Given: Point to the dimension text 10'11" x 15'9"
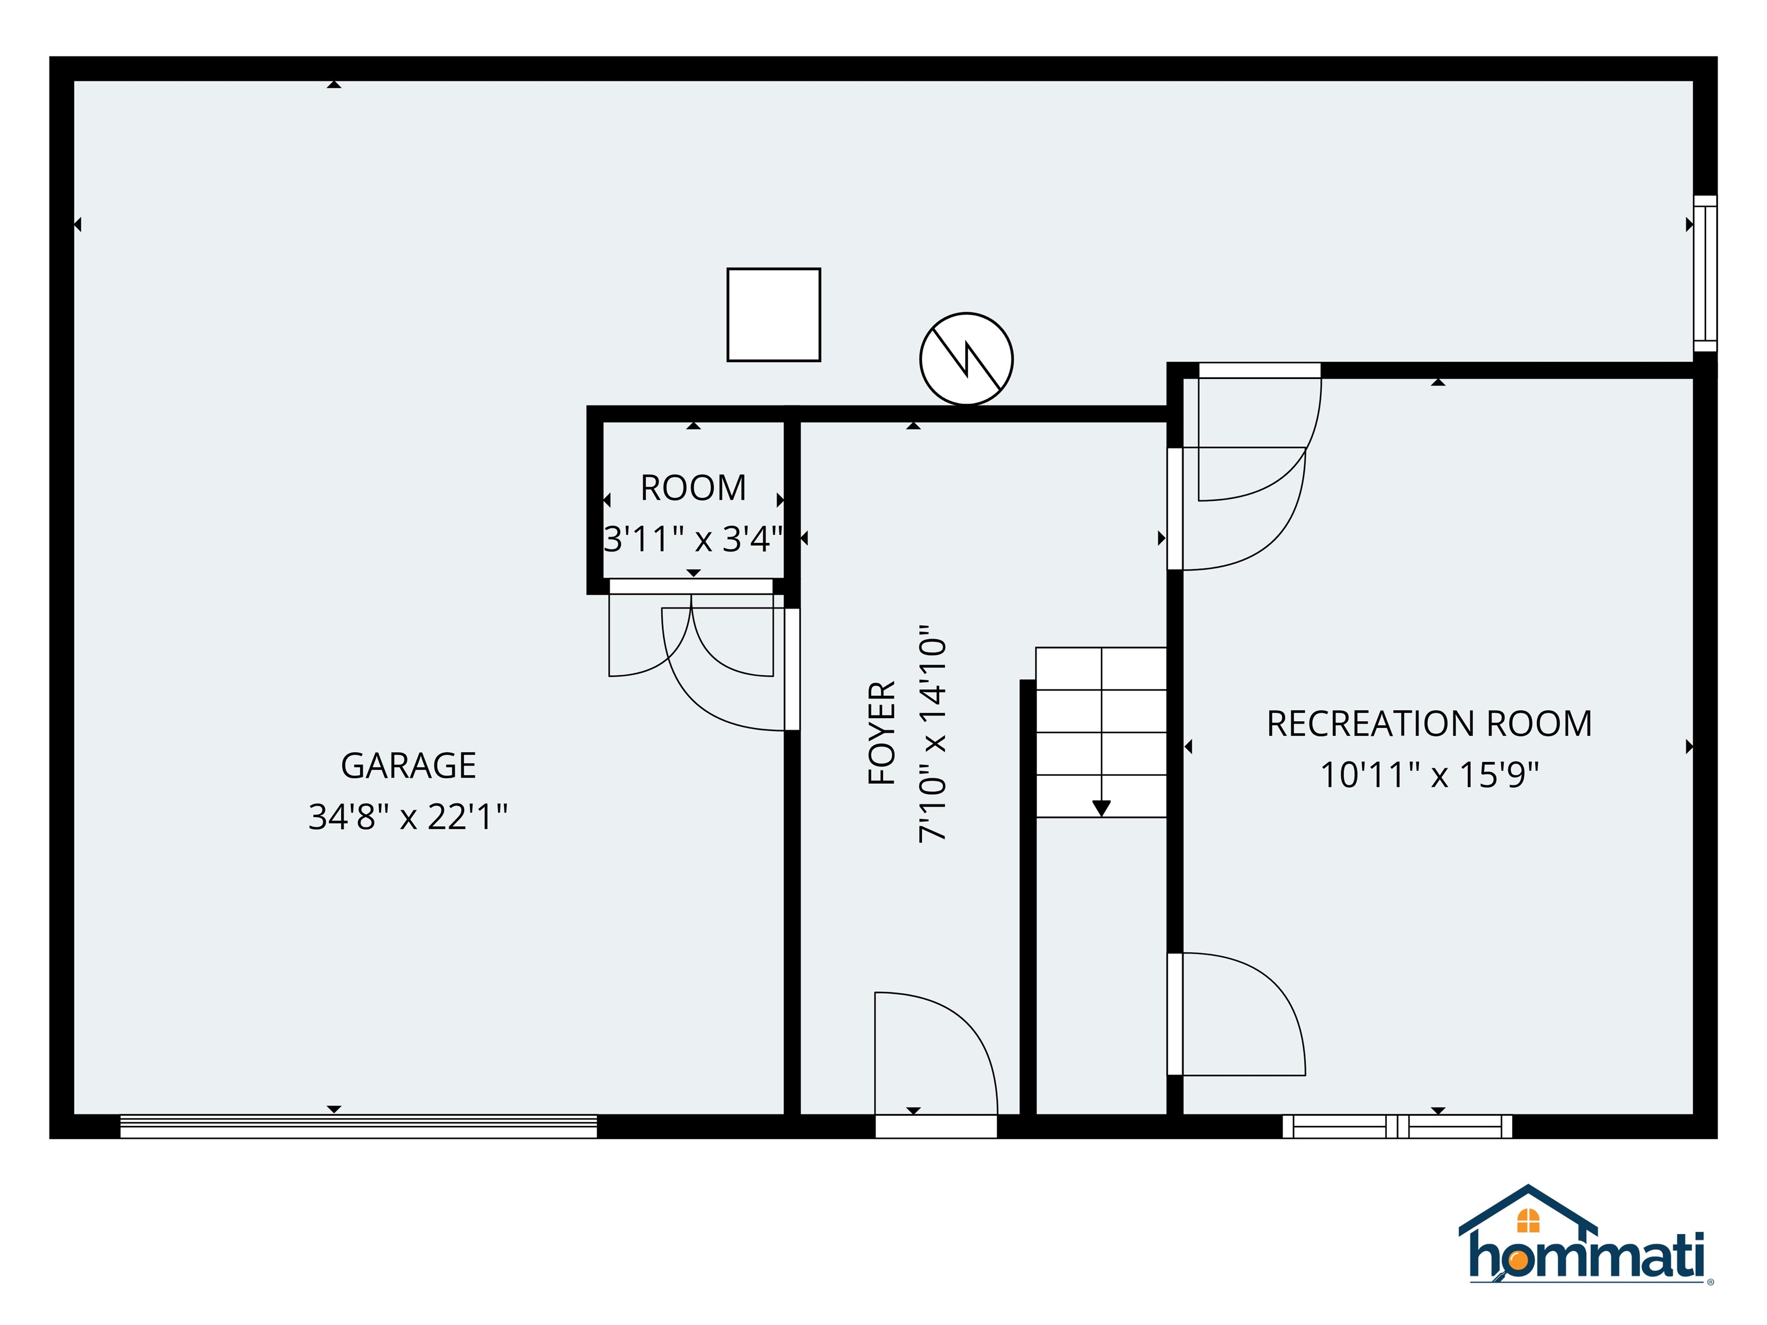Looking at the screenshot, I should coord(1429,775).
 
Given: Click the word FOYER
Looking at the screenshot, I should coord(882,733).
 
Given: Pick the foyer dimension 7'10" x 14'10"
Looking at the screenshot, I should coord(932,733).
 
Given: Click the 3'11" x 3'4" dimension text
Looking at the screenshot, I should coord(693,539).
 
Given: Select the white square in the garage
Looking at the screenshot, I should coord(773,315).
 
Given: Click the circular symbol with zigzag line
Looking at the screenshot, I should coord(966,359).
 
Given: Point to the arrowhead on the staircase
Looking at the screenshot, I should coord(1101,808).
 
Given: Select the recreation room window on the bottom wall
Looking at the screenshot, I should coord(1397,1126).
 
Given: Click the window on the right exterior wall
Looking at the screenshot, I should coord(1705,273).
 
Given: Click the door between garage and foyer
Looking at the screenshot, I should coord(791,669).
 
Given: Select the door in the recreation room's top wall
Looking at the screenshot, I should coord(1259,370).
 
